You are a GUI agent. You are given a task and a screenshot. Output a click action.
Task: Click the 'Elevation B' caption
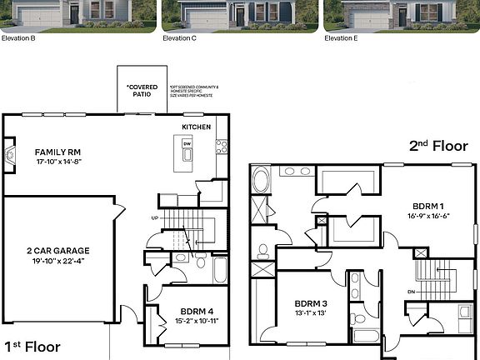pos(18,37)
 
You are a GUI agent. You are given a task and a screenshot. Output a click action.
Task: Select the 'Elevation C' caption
pos(179,37)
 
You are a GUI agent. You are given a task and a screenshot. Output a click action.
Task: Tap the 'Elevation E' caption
pos(341,37)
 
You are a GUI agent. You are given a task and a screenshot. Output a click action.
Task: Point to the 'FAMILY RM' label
pos(57,152)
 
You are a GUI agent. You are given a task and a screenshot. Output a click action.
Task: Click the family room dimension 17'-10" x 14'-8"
pos(57,163)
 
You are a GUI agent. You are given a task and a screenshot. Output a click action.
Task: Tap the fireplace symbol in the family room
pos(10,155)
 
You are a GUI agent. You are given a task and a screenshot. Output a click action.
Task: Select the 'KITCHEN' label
pos(197,127)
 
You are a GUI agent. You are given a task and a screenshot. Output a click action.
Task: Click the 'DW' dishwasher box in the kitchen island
pos(187,143)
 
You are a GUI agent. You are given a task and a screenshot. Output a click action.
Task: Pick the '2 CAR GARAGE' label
pos(58,250)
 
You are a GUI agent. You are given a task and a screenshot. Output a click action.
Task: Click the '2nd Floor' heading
pos(437,145)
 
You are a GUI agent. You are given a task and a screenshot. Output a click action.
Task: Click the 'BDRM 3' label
pos(310,303)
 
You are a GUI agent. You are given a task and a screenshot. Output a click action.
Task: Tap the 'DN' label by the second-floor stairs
pos(411,292)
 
